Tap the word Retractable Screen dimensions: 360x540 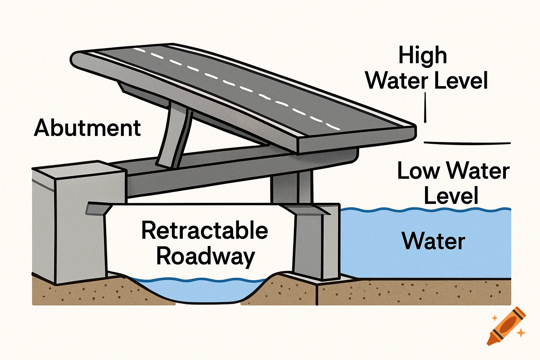point(205,231)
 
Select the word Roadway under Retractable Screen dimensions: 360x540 point(205,257)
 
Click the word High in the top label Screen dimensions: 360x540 point(422,56)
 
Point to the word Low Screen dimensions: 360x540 point(418,171)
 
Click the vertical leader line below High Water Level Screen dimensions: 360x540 point(425,107)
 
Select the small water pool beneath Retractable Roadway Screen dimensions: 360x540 point(197,290)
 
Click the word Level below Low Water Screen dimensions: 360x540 point(451,196)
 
